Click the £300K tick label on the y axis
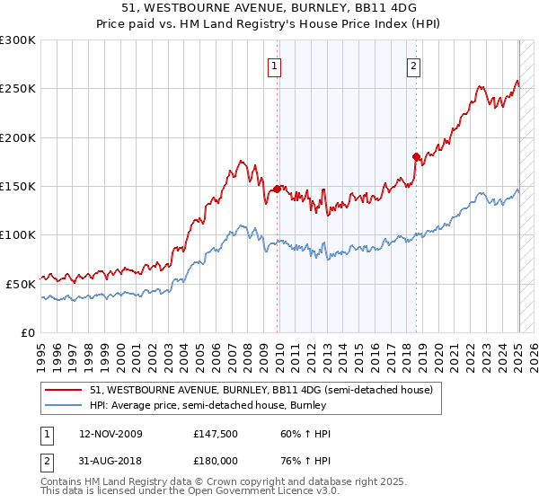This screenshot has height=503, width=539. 18,40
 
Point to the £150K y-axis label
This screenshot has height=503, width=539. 18,186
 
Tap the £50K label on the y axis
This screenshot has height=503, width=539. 22,283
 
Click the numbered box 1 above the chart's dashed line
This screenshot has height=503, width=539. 273,65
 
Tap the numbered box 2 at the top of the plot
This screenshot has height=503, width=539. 413,65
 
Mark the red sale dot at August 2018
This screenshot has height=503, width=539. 416,157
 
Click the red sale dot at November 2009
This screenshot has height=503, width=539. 277,189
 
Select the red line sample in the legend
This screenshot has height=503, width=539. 65,390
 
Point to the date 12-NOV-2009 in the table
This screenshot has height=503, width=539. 110,434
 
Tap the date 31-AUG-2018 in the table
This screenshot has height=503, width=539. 110,459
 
